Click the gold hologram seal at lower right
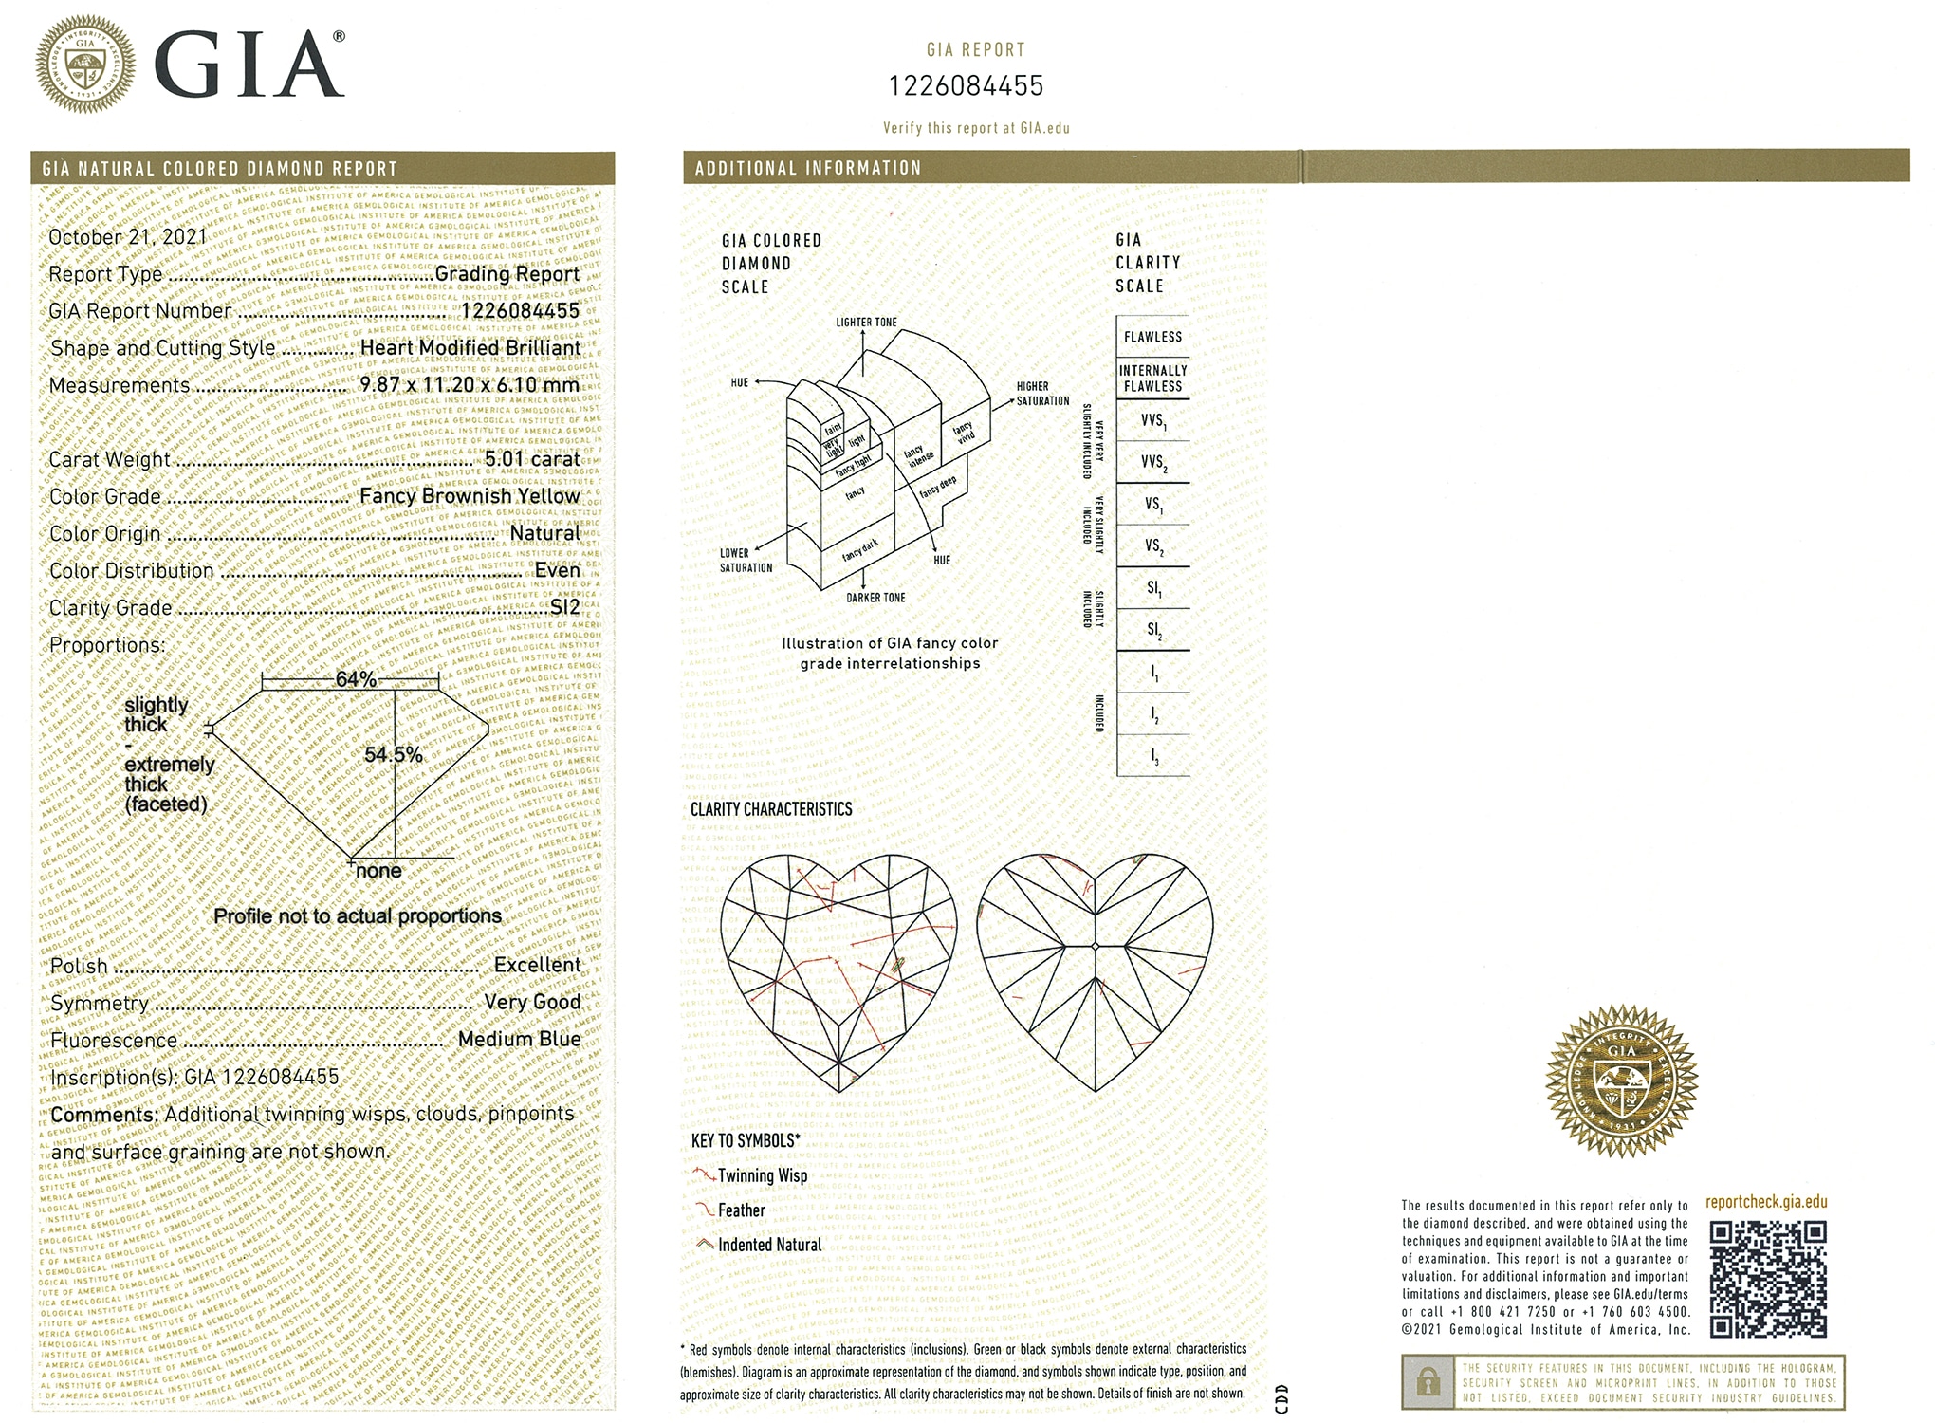click(1621, 1081)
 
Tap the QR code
click(1768, 1279)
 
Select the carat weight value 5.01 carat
click(531, 459)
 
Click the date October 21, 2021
click(128, 237)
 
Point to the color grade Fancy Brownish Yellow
click(470, 496)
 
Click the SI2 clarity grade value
click(564, 607)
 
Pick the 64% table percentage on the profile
click(356, 679)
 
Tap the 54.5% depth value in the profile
click(393, 755)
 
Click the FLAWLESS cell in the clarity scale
click(1152, 337)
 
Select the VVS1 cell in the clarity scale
click(1152, 420)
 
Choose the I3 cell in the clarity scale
click(1152, 756)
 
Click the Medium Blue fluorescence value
click(519, 1039)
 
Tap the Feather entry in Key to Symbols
click(741, 1210)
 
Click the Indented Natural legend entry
click(769, 1245)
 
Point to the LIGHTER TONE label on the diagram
click(865, 323)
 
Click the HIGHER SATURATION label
click(1042, 394)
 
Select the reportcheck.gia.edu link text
click(1765, 1202)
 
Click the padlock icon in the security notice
click(1428, 1381)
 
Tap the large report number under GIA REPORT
click(966, 86)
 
